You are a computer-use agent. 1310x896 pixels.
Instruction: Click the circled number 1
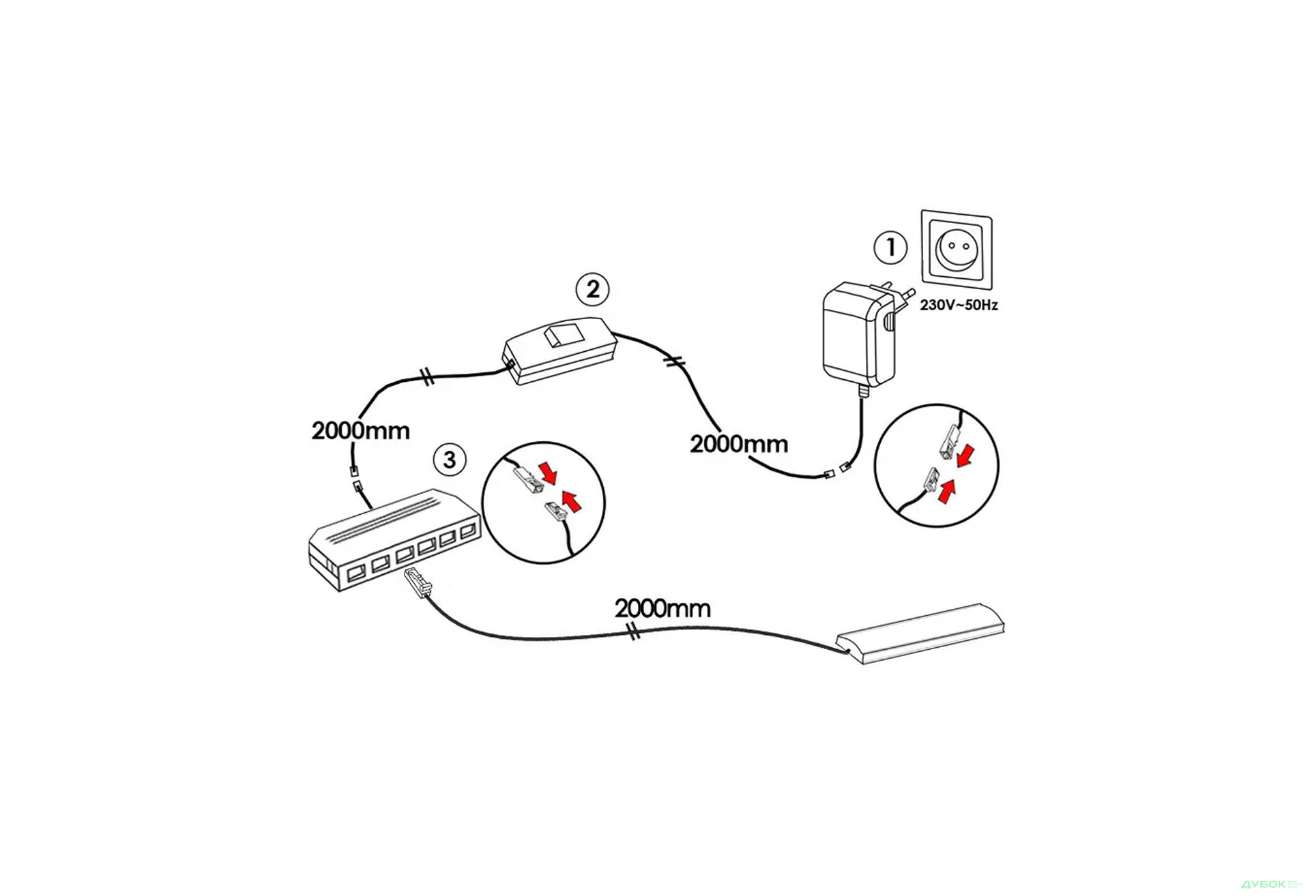point(890,248)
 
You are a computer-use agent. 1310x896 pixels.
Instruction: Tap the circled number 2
point(592,289)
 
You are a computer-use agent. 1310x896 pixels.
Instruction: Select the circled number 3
point(450,460)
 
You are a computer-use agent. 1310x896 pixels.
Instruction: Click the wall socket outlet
point(957,249)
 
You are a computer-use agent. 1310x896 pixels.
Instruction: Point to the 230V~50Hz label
point(959,305)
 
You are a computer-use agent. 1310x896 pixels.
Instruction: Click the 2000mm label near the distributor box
point(360,431)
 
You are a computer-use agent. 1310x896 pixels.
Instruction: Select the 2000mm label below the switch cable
point(738,444)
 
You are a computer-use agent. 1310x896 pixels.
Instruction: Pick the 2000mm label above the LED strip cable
point(662,608)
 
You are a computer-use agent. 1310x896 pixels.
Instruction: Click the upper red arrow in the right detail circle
point(965,456)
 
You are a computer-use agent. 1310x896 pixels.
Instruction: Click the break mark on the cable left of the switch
point(428,376)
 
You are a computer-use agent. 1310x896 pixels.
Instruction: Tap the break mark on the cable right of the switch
point(675,362)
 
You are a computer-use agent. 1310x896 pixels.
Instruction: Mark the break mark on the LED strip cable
point(633,632)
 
